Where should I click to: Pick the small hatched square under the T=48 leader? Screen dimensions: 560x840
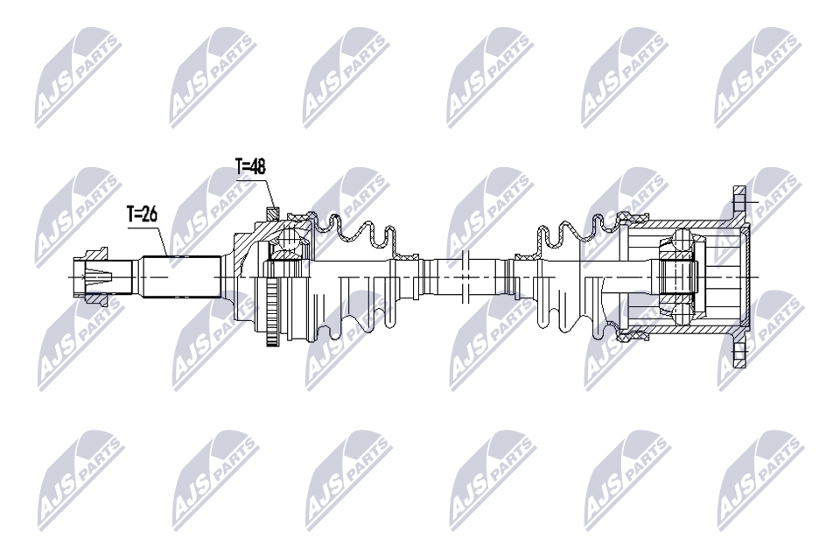[274, 211]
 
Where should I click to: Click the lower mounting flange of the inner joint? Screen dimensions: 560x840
[740, 350]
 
